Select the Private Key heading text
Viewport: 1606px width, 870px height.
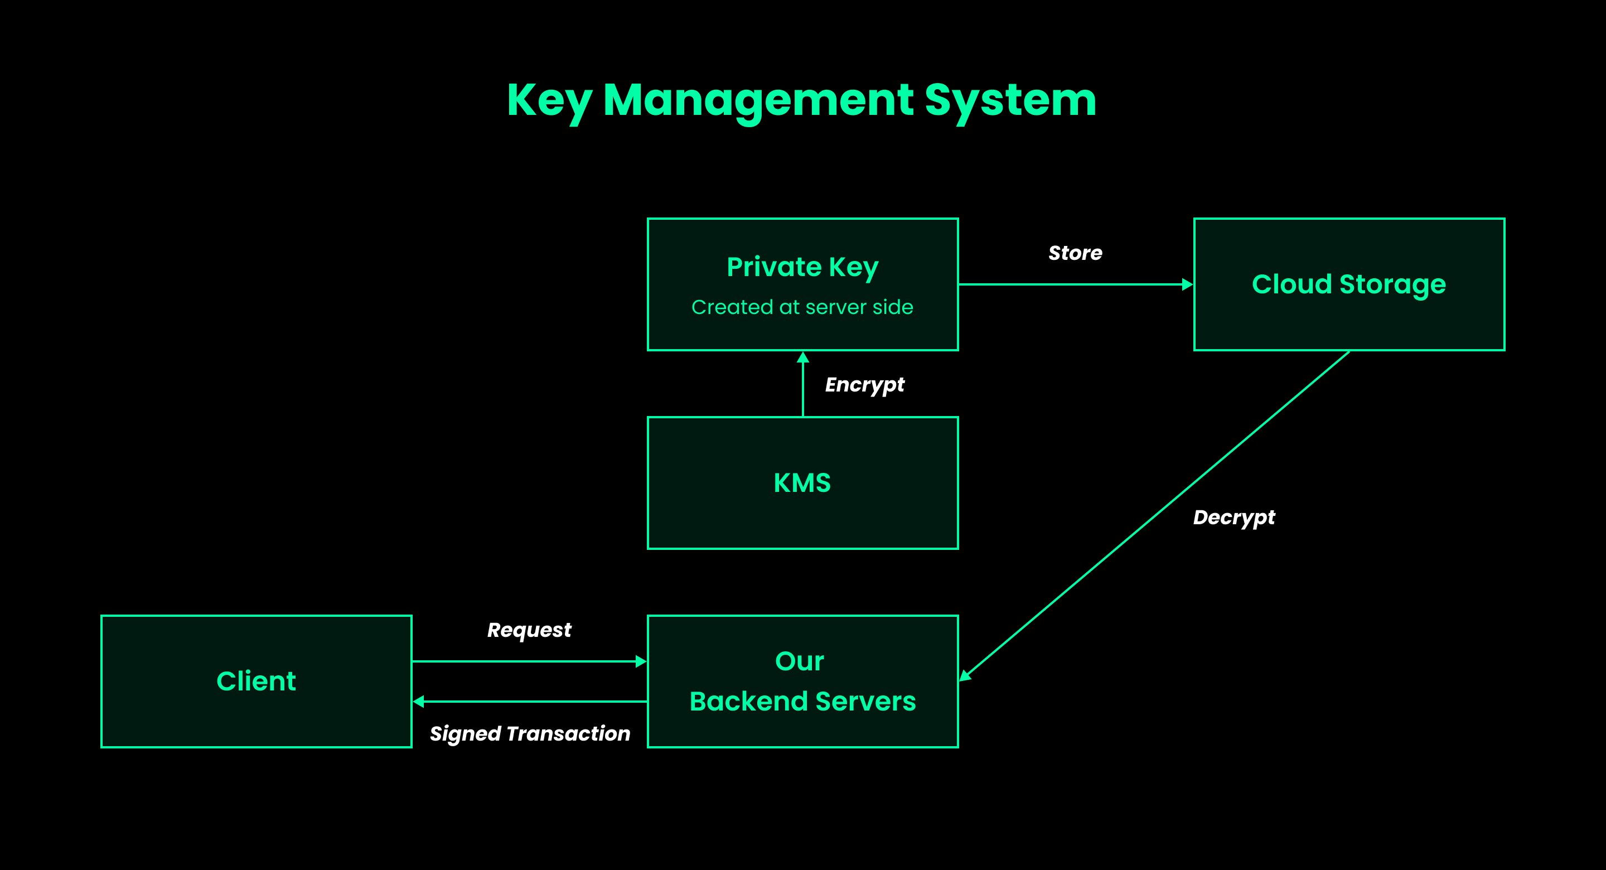pyautogui.click(x=802, y=267)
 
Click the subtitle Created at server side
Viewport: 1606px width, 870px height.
pyautogui.click(x=802, y=307)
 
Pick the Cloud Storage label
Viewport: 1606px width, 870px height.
pyautogui.click(x=1348, y=284)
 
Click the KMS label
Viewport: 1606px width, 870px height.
pyautogui.click(x=802, y=483)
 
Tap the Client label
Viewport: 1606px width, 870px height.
pyautogui.click(x=257, y=681)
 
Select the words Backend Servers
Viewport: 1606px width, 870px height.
pyautogui.click(x=802, y=702)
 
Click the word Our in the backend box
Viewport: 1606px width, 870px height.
pyautogui.click(x=799, y=661)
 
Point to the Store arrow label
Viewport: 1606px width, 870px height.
pyautogui.click(x=1075, y=253)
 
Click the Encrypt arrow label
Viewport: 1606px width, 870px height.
pyautogui.click(x=864, y=385)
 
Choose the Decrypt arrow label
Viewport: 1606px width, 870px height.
pyautogui.click(x=1234, y=518)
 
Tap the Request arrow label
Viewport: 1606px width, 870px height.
pyautogui.click(x=529, y=630)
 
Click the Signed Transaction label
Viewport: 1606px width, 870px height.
pyautogui.click(x=530, y=733)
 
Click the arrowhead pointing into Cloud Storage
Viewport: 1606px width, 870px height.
pyautogui.click(x=1187, y=284)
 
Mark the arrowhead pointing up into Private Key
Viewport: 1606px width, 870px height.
pyautogui.click(x=803, y=357)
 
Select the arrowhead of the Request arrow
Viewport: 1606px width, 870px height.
pyautogui.click(x=640, y=661)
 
